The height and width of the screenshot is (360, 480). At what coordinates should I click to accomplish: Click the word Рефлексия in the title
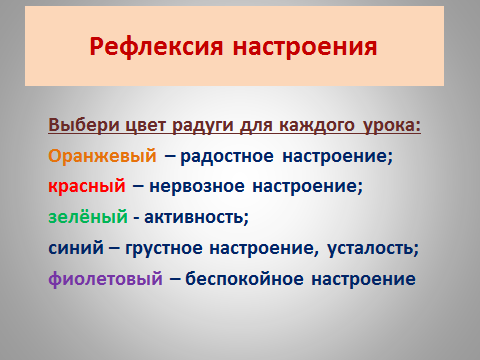(x=156, y=47)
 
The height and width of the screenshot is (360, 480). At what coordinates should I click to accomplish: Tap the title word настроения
(x=305, y=47)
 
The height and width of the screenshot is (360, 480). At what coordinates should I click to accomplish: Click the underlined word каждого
(x=317, y=126)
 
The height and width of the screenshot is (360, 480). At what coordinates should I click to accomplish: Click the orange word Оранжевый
(x=102, y=156)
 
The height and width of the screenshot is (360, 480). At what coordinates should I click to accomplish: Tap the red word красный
(x=87, y=187)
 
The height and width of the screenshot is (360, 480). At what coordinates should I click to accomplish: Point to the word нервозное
(x=197, y=187)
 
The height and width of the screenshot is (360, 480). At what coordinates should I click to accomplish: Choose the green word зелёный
(x=88, y=217)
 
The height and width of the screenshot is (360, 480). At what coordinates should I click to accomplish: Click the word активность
(x=196, y=217)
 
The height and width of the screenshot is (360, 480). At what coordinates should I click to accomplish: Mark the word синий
(x=76, y=248)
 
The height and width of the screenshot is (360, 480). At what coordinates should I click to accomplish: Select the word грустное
(x=164, y=249)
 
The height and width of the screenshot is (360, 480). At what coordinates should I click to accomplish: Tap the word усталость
(x=373, y=249)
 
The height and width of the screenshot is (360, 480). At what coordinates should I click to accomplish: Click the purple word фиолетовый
(x=106, y=279)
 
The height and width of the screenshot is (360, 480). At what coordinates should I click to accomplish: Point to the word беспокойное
(x=244, y=279)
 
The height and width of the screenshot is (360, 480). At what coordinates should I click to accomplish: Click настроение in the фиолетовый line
(x=364, y=279)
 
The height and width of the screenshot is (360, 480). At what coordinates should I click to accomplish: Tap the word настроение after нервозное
(x=307, y=187)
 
